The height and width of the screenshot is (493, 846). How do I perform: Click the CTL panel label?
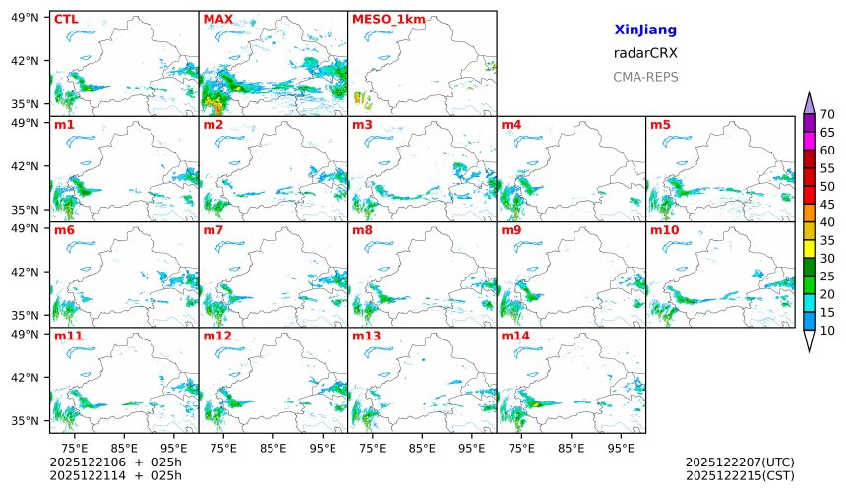coord(66,19)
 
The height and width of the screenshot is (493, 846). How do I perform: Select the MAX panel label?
coord(217,19)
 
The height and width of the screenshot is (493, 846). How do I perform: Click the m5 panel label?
coord(660,125)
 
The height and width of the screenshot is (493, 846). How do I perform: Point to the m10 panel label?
coord(664,230)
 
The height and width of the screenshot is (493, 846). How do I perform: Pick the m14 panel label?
coord(514,336)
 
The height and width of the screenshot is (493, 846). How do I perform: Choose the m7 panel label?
coord(213,230)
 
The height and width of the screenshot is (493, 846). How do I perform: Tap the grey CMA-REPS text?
coord(645,77)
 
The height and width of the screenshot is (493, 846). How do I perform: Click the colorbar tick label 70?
coord(827,114)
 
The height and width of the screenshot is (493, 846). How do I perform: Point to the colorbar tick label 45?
coord(827,205)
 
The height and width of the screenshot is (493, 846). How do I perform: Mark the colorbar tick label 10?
coord(827,331)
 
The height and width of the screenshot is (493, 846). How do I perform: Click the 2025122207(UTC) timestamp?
coord(740,462)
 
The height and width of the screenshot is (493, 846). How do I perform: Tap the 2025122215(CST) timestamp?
coord(740,475)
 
